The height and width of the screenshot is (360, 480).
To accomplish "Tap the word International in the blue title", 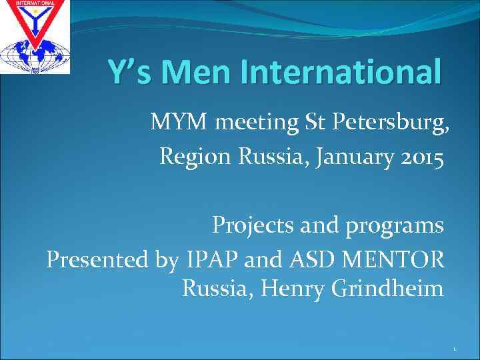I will [341, 71].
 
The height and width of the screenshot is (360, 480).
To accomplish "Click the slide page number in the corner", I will [455, 347].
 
